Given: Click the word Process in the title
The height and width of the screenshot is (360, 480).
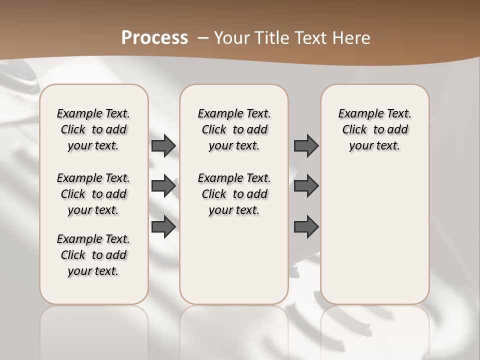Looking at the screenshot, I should click(x=154, y=38).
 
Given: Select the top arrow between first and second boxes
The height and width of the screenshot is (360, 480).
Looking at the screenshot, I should click(x=163, y=145).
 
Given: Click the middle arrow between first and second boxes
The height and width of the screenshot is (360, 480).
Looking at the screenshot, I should click(x=163, y=186).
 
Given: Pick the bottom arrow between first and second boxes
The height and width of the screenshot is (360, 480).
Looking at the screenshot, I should click(x=163, y=226).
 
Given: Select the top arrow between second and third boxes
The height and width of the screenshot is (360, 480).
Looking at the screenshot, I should click(x=306, y=145).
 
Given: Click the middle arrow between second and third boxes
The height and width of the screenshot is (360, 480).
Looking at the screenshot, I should click(x=306, y=186).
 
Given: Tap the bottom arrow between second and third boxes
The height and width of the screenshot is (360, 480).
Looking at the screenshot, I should click(x=306, y=226).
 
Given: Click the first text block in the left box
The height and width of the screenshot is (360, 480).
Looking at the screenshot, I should click(x=93, y=129).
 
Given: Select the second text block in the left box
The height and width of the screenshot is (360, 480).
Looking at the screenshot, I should click(x=93, y=194).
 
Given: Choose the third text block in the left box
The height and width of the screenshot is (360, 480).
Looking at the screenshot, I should click(x=93, y=255).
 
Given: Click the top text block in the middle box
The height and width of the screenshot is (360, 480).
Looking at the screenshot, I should click(x=234, y=129).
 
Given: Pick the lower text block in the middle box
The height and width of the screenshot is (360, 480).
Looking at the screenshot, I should click(x=234, y=194).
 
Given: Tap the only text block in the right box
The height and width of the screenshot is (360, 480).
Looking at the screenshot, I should click(x=374, y=129).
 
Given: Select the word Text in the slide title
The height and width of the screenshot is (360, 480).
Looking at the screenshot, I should click(x=309, y=38).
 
